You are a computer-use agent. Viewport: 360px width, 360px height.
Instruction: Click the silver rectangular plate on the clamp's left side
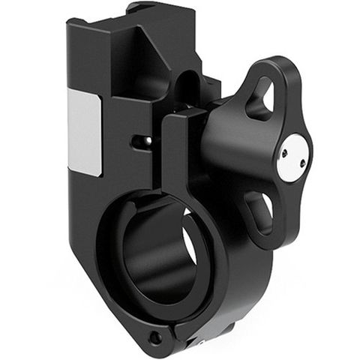(84, 132)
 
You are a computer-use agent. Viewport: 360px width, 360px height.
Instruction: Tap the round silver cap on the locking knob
(292, 157)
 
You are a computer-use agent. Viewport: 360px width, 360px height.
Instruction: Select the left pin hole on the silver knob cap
(285, 152)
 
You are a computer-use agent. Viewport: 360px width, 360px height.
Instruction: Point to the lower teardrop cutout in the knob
(260, 209)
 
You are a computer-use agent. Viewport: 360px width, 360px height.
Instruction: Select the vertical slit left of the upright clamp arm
(160, 150)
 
